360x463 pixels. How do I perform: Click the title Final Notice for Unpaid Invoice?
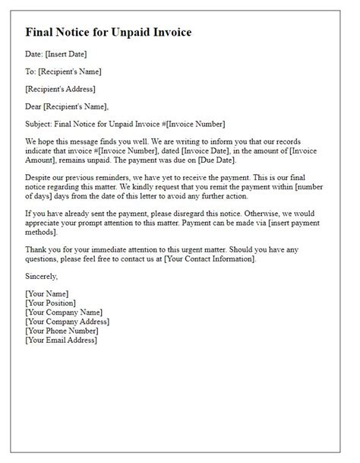click(108, 33)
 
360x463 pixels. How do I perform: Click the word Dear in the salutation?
click(35, 106)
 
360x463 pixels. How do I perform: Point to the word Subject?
click(40, 124)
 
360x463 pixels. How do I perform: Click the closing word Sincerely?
click(45, 277)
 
